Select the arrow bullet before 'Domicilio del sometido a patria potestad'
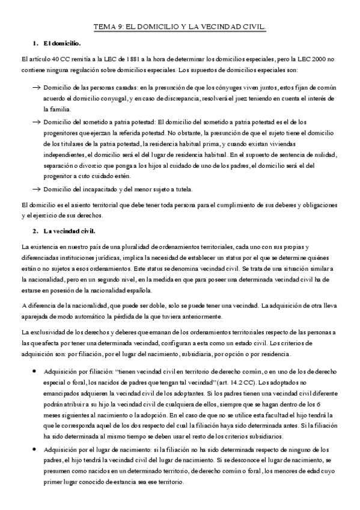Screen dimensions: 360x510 (x=35, y=121)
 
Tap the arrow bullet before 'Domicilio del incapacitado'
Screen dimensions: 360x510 (x=35, y=190)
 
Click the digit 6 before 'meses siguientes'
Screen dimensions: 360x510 (x=335, y=406)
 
